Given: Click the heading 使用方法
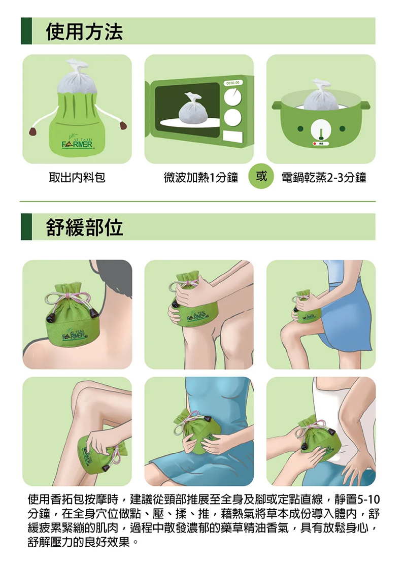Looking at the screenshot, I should pos(84,31).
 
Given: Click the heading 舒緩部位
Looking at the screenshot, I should pos(84,227).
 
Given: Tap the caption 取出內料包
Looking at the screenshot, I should pos(77,177).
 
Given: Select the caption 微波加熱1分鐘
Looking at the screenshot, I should pos(201,177).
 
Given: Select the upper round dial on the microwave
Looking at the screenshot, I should pos(233,96).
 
